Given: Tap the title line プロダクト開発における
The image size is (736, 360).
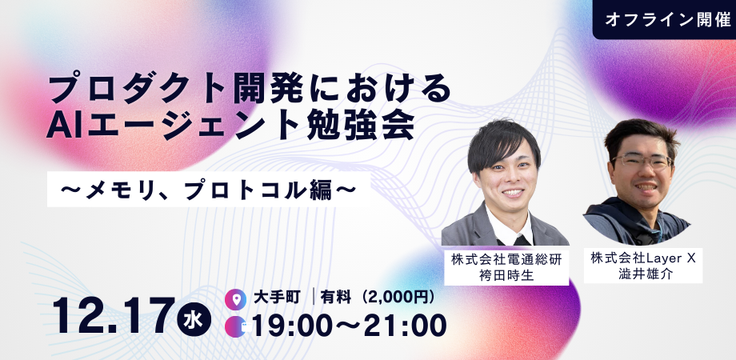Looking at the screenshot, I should pos(250,87).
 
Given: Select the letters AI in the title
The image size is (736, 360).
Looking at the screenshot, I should pos(63,124).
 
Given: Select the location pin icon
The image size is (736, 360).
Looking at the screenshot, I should pos(235,298).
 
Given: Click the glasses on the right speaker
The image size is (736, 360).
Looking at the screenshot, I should pos(643,160).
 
